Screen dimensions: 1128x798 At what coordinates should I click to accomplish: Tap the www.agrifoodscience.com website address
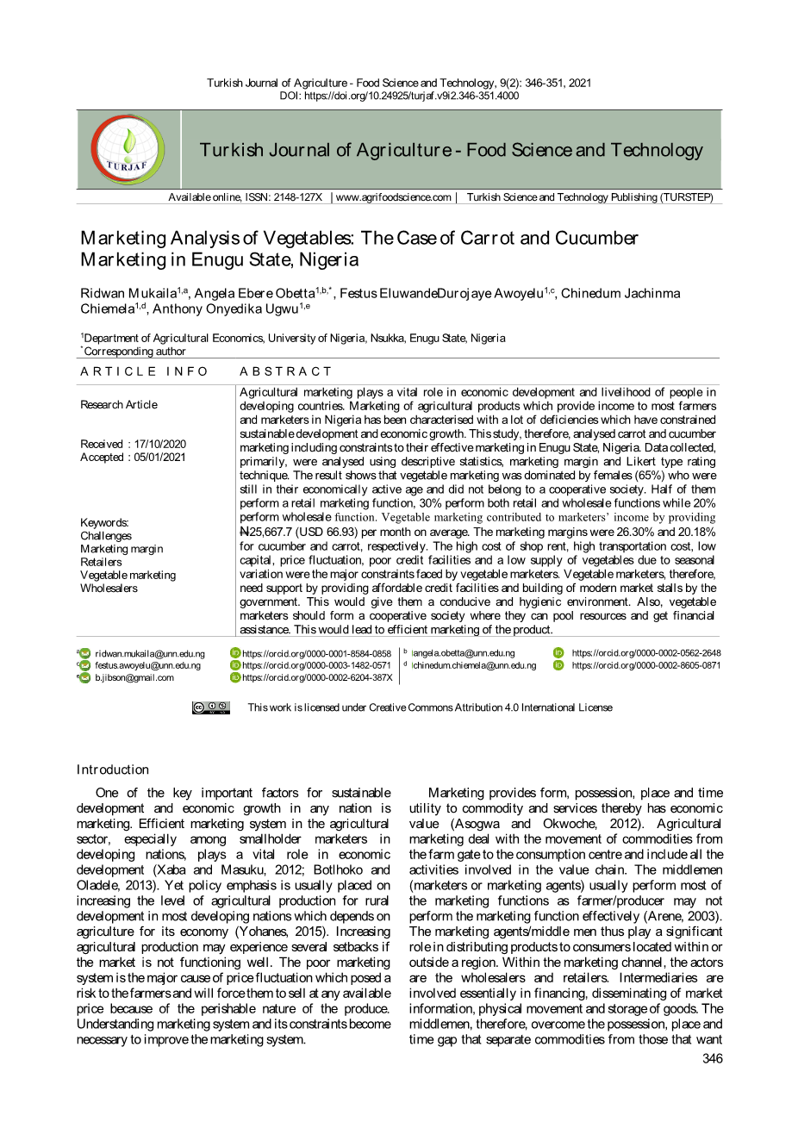[x=393, y=197]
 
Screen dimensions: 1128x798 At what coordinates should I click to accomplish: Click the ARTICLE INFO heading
[x=144, y=371]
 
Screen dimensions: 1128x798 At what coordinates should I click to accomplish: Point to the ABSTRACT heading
[x=285, y=371]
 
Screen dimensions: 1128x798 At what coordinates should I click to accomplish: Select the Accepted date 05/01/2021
[x=159, y=457]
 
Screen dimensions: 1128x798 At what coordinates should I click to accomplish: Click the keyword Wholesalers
[x=109, y=588]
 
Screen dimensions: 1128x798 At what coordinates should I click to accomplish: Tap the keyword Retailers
[x=101, y=562]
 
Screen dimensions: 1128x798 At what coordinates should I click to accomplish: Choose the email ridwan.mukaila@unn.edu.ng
[x=149, y=654]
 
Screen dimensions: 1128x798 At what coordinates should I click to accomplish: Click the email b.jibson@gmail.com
[x=134, y=677]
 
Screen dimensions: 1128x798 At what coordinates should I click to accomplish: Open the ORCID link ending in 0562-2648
[x=645, y=653]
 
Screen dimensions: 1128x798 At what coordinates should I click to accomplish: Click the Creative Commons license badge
[x=211, y=707]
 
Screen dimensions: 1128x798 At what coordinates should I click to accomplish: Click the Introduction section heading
[x=112, y=770]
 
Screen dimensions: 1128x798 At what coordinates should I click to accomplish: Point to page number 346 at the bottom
[x=712, y=1058]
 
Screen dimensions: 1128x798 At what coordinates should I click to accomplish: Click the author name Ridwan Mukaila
[x=128, y=294]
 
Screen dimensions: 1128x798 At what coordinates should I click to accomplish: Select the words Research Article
[x=119, y=404]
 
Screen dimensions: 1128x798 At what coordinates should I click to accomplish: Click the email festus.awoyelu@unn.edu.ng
[x=147, y=665]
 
